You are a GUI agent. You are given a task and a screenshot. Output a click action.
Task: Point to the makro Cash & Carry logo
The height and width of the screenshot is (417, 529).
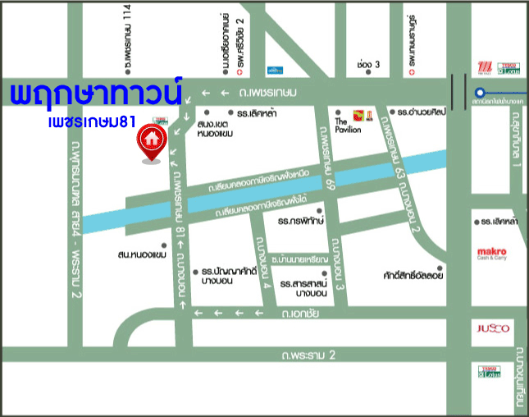[492, 254]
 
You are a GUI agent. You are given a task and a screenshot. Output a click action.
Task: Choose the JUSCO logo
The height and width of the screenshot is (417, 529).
[493, 329]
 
